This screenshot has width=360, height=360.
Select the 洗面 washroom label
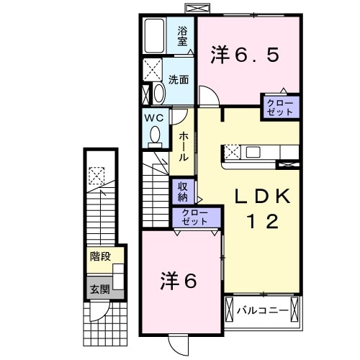pos(179,80)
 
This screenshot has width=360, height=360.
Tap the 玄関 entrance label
pos(99,290)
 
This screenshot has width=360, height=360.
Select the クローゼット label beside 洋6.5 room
pos(281,107)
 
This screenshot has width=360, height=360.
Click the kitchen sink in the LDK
pos(253,152)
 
